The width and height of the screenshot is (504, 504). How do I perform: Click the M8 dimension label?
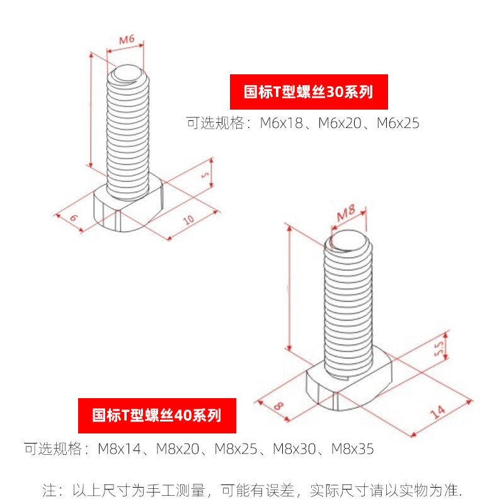346,214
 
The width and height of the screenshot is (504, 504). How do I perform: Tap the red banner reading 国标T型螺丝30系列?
308,92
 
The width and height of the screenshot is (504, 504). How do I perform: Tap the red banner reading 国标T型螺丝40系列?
157,416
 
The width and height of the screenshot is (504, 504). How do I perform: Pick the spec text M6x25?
398,123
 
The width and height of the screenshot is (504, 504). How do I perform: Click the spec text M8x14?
120,449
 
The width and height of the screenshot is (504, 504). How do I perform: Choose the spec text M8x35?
353,449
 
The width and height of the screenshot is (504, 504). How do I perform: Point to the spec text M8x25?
236,449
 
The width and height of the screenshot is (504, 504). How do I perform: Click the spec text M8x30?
294,449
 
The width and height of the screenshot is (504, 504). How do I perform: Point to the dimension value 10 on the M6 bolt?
187,220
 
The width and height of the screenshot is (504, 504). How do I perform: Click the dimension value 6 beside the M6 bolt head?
74,218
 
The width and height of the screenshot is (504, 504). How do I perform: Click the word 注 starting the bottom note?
49,490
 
